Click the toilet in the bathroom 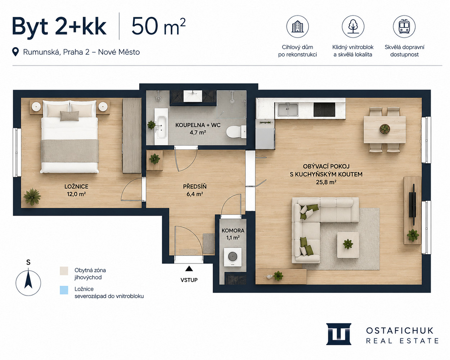pos(236,131)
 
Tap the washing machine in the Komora pos(232,257)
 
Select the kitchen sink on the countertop pos(288,109)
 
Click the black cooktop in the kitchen pos(324,109)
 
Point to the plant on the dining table pos(384,129)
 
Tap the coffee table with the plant pos(348,244)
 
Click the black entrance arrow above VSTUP pos(189,268)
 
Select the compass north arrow pos(28,279)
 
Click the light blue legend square pos(64,290)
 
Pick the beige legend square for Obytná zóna pos(64,271)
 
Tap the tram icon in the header pos(404,27)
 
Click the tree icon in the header pos(353,27)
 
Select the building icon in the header pos(297,27)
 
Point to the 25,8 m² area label pos(326,182)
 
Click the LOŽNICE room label pos(76,186)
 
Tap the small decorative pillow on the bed pos(69,116)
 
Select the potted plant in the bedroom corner pos(32,197)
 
